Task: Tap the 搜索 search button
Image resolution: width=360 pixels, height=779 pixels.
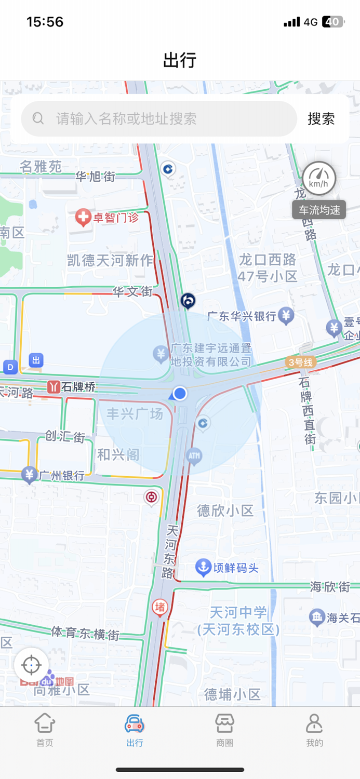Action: (321, 119)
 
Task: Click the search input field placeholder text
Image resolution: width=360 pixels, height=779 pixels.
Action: (126, 119)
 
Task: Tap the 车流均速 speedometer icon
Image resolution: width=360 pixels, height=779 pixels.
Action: (319, 179)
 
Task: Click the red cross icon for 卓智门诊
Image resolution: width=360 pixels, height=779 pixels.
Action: (83, 218)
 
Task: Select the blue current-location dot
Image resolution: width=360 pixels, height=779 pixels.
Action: (180, 393)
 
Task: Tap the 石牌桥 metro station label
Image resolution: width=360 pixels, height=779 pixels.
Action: (78, 387)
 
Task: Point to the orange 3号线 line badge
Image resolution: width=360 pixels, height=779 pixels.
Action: (300, 362)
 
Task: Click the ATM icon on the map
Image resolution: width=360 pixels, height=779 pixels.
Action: (194, 456)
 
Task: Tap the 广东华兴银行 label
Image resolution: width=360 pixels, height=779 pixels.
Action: (242, 315)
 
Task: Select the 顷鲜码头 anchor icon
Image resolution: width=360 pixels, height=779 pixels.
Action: (203, 568)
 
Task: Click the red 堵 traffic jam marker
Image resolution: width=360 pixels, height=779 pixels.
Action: (160, 607)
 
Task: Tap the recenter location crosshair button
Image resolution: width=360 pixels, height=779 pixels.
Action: (31, 664)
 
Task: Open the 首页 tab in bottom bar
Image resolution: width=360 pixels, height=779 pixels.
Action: (45, 730)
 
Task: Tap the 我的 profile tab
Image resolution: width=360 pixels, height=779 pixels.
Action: (314, 730)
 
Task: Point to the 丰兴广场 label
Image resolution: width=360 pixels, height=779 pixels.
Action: (135, 414)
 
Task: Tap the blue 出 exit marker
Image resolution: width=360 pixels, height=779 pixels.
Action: (36, 360)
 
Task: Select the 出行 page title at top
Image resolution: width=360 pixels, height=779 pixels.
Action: (180, 60)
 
